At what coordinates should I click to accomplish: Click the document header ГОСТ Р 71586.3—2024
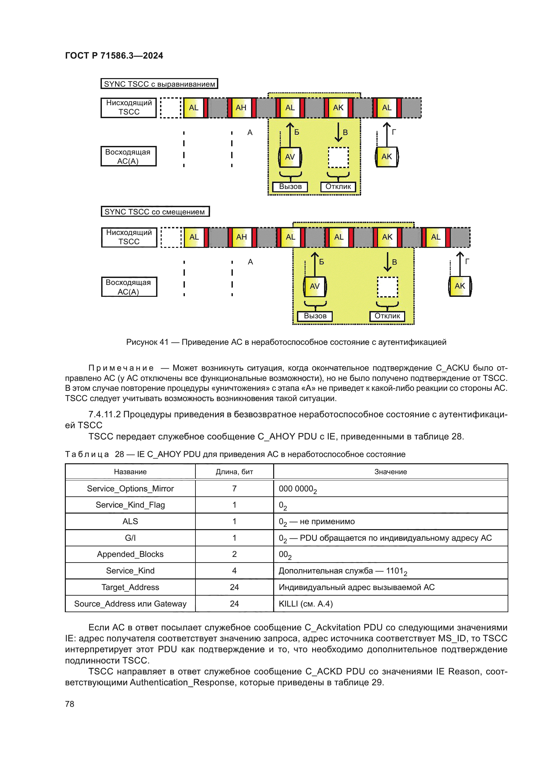[x=114, y=56]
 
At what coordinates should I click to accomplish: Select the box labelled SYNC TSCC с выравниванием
[x=159, y=84]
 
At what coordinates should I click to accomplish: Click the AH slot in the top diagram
[x=241, y=108]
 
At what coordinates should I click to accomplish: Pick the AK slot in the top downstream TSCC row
[x=338, y=108]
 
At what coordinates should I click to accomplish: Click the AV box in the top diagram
[x=290, y=157]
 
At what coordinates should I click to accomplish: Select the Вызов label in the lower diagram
[x=315, y=316]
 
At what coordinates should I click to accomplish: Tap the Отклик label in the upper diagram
[x=338, y=187]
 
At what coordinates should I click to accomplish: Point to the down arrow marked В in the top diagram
[x=338, y=132]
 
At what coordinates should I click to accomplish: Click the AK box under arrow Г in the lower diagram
[x=460, y=286]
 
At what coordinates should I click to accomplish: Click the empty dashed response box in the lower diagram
[x=387, y=287]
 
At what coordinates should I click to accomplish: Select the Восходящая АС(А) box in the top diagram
[x=128, y=157]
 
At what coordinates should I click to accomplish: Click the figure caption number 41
[x=164, y=342]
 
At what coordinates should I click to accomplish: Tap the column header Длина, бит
[x=234, y=472]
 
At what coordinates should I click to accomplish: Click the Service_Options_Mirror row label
[x=130, y=488]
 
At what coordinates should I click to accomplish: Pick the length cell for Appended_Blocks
[x=234, y=554]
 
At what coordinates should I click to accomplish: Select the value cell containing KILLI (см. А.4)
[x=306, y=604]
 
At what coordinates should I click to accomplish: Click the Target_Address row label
[x=130, y=587]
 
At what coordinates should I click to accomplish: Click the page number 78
[x=69, y=704]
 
